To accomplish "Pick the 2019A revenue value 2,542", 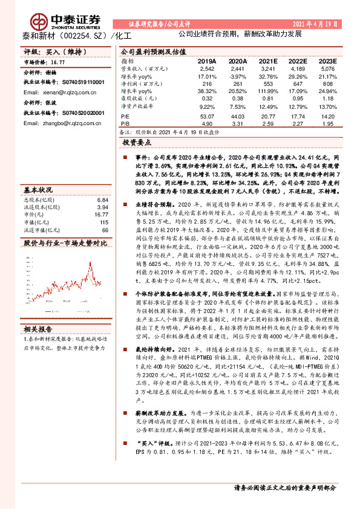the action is click(207, 70).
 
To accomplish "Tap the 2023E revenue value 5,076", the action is click(327, 70).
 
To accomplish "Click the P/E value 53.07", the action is click(207, 115).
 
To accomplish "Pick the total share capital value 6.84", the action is click(102, 199).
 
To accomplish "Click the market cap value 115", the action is click(103, 222).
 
